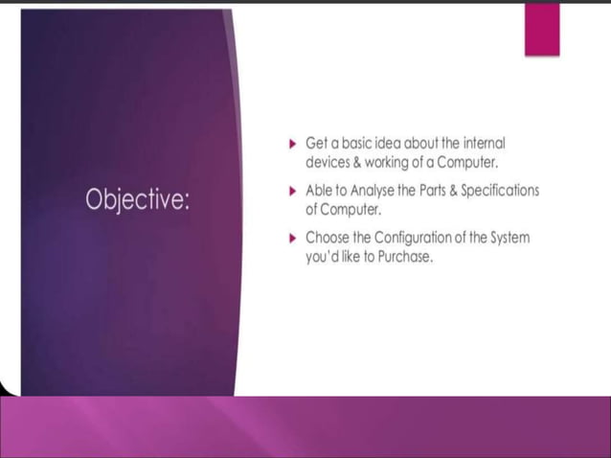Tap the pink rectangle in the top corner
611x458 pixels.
541,29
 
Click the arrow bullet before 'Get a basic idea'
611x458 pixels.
293,143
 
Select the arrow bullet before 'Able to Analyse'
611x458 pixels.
293,191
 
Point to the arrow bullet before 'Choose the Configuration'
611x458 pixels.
293,238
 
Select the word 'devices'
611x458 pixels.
329,161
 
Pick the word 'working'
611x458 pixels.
391,161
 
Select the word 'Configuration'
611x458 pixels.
418,237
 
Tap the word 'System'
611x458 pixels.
508,237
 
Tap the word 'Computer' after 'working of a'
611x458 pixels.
466,161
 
